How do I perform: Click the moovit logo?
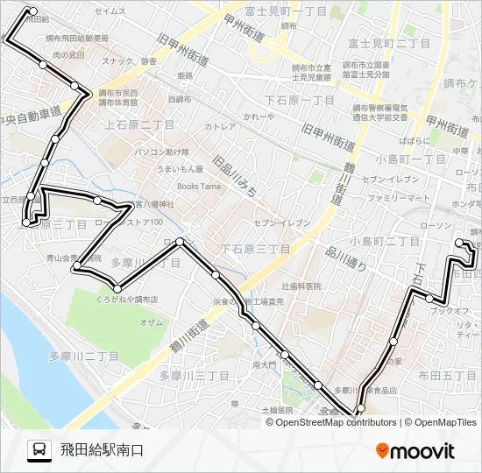point(415,450)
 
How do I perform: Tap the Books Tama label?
point(198,186)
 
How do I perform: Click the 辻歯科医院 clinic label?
point(301,286)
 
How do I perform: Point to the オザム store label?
point(151,322)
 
